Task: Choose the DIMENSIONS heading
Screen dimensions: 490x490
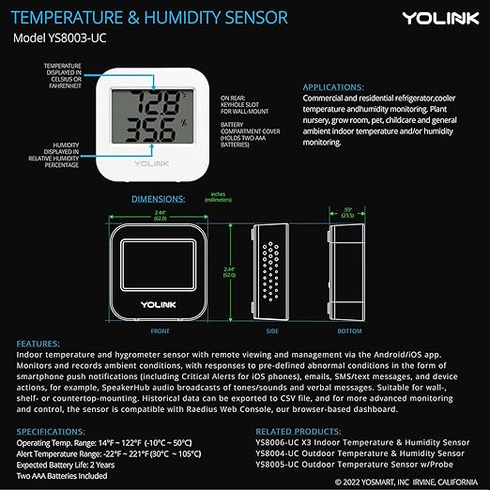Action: coord(163,200)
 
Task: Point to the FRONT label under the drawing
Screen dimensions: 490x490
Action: coord(161,330)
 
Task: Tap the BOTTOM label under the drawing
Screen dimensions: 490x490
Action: coord(348,330)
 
